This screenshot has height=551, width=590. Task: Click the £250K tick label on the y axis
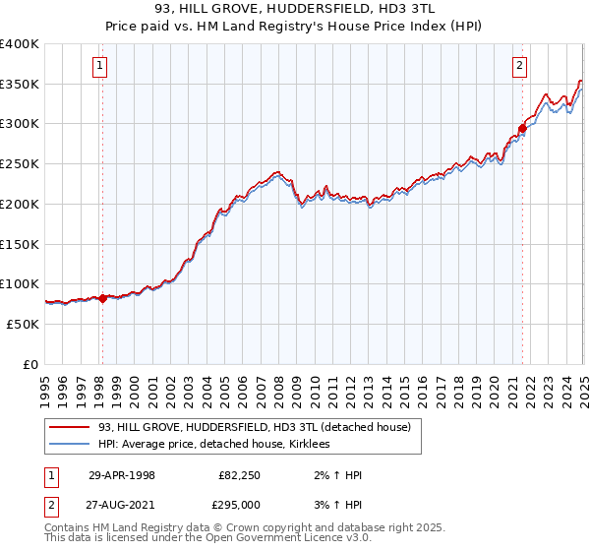click(x=20, y=164)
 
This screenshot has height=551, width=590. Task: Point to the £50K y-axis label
click(x=23, y=324)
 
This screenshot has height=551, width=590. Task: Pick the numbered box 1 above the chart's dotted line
click(x=101, y=67)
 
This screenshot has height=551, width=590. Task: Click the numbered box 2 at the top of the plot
click(x=519, y=67)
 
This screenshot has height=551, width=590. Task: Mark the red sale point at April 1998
click(x=103, y=298)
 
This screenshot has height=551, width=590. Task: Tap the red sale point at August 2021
click(x=523, y=128)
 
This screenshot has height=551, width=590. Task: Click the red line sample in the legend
click(x=69, y=427)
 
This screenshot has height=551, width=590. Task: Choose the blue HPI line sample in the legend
click(x=69, y=444)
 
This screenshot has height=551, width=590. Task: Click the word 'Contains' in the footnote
click(x=68, y=529)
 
